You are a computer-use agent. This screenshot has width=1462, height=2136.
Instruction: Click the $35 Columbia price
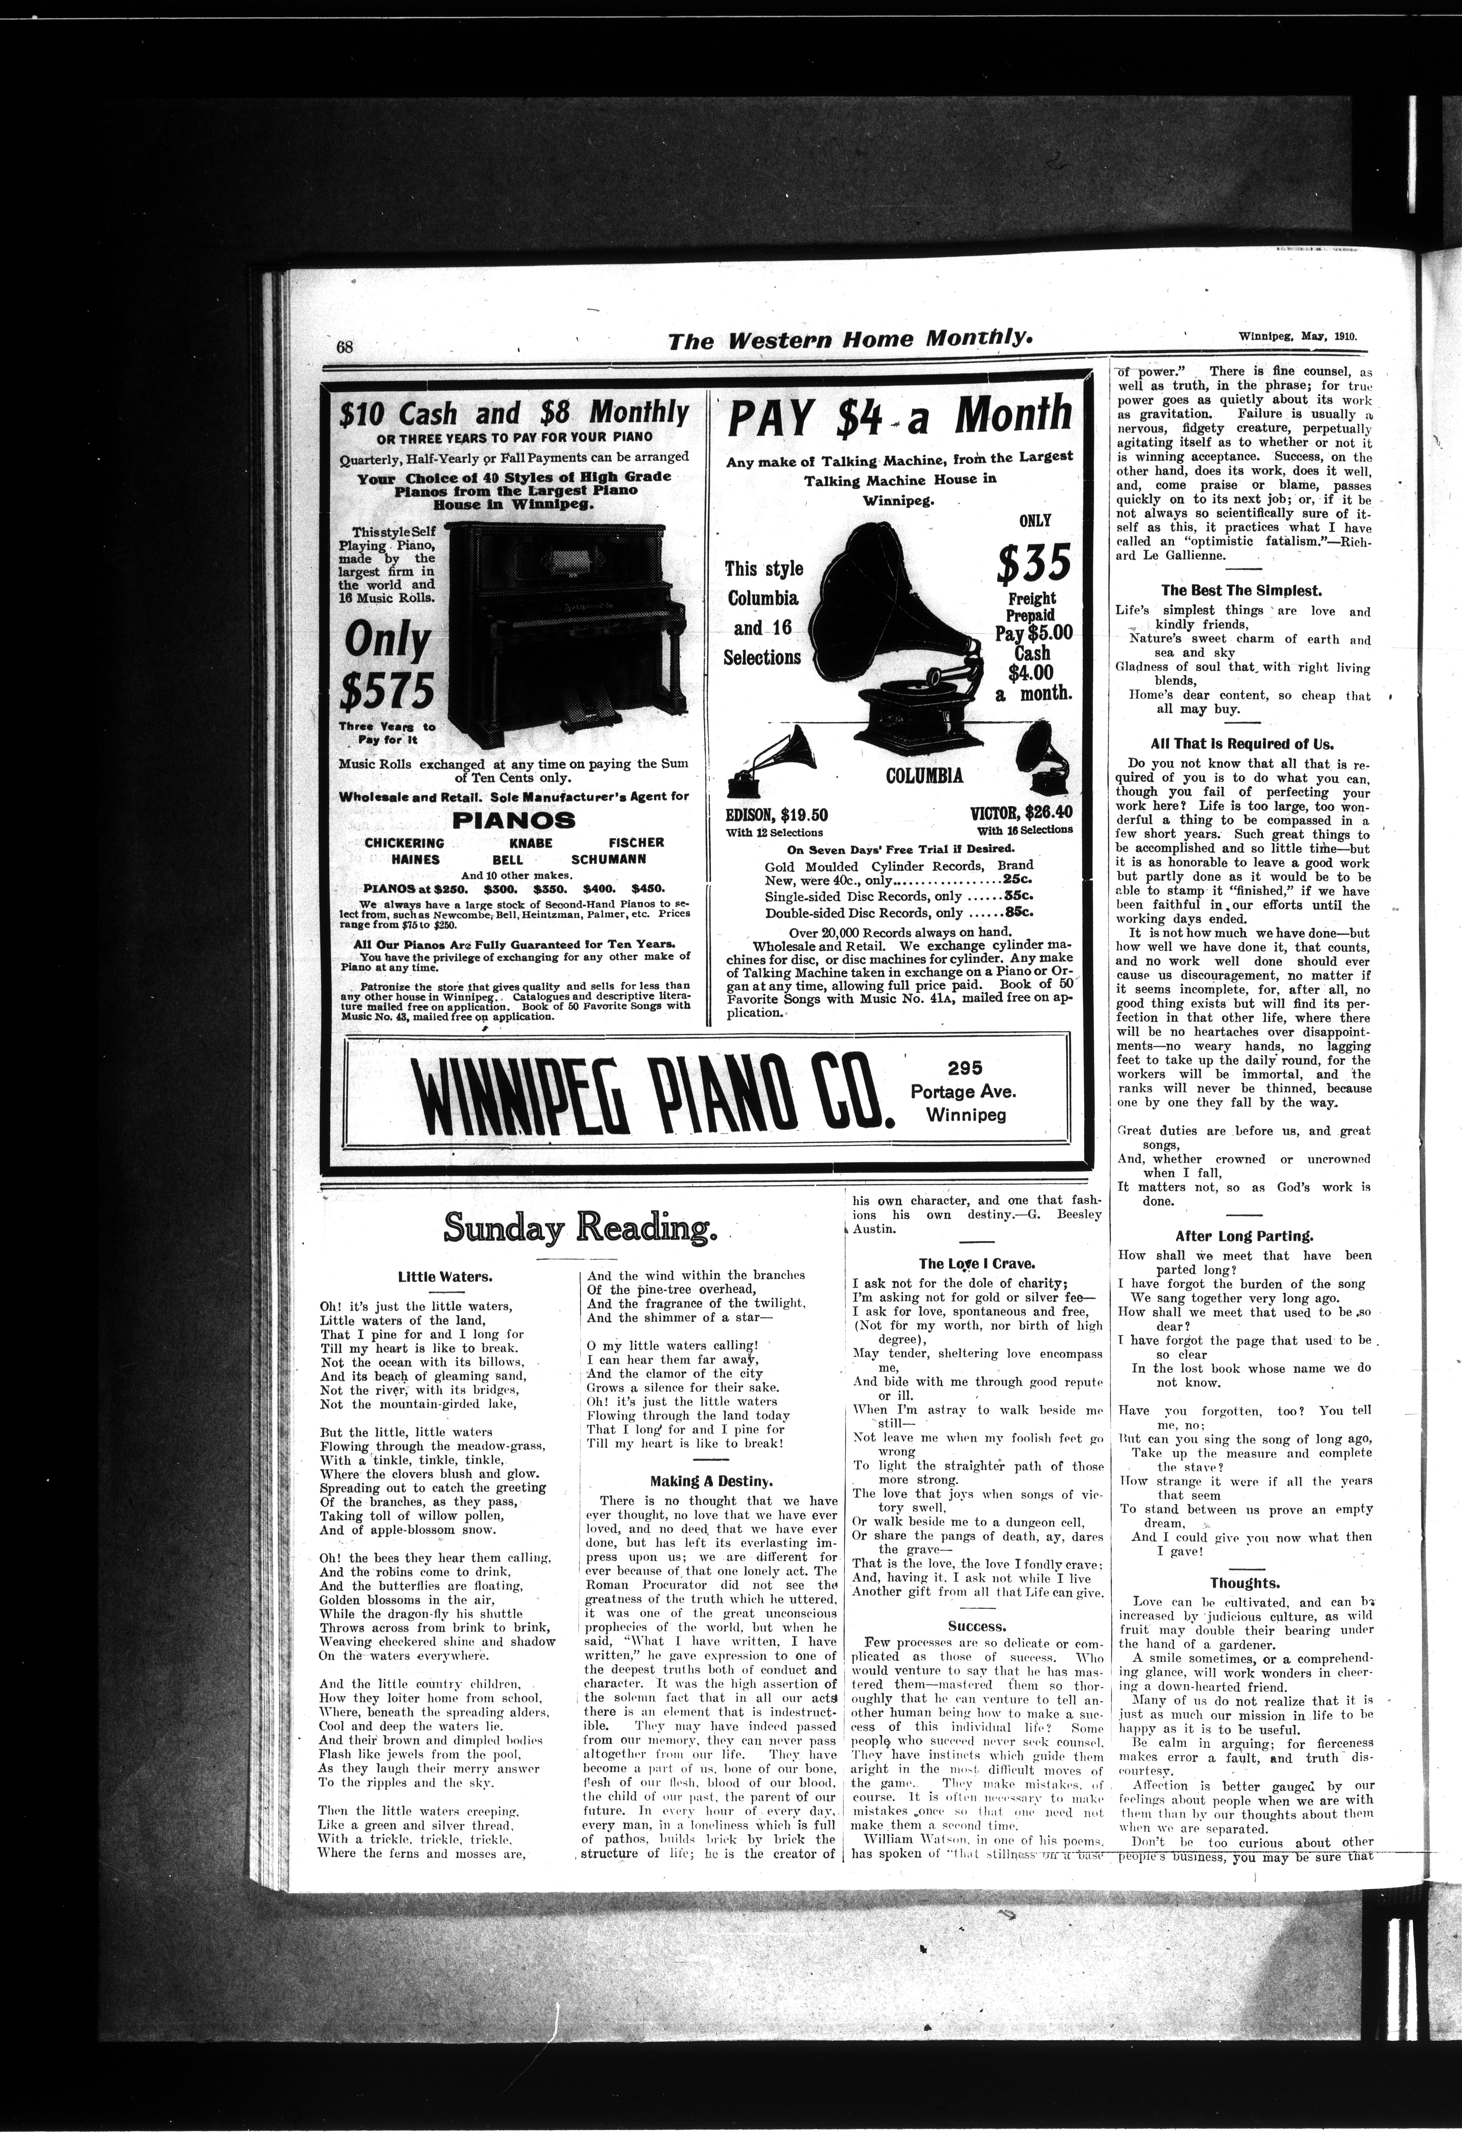1034,563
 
